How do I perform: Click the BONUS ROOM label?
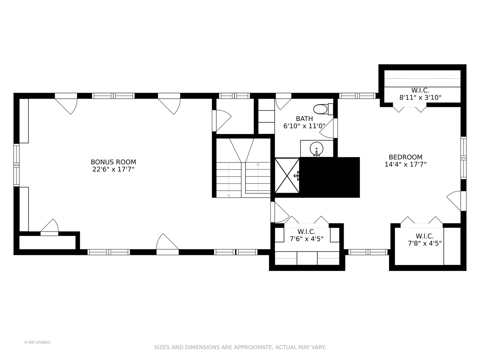[113, 162]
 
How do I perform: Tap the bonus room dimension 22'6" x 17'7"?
[113, 169]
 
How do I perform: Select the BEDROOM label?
[405, 157]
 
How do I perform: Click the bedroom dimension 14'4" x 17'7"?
[405, 164]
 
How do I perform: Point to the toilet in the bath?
[322, 109]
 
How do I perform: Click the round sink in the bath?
[316, 148]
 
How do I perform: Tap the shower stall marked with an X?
[287, 175]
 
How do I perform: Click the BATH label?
[304, 119]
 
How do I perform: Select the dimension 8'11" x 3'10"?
[420, 98]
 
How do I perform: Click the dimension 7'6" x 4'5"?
[306, 239]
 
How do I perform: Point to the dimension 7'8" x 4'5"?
[425, 243]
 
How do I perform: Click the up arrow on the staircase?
[258, 164]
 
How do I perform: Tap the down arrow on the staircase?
[229, 195]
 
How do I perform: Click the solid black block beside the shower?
[330, 177]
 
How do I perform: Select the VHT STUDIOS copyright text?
[37, 342]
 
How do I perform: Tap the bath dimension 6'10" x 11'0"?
[304, 126]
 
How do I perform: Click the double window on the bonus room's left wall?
[16, 165]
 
